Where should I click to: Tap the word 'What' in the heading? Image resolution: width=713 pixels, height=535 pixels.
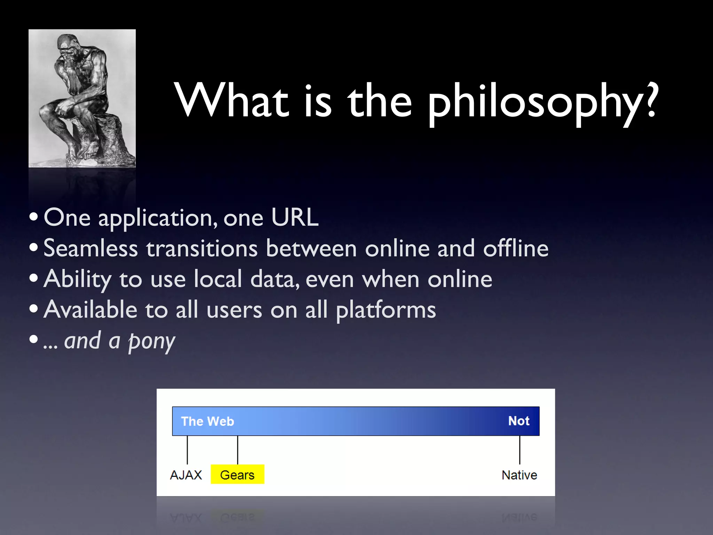[x=232, y=101]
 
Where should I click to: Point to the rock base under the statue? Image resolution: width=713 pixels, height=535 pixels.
[x=104, y=139]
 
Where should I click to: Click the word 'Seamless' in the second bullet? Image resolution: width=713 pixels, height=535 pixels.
[x=91, y=249]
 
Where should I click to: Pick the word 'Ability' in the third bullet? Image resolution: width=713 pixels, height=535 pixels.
[x=77, y=279]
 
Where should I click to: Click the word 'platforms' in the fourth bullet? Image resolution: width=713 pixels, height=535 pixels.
[x=386, y=310]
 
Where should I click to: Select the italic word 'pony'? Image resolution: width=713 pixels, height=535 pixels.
[x=152, y=341]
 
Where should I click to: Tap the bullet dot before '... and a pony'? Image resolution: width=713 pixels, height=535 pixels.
[x=34, y=339]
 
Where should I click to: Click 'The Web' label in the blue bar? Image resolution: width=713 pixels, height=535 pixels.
[x=207, y=421]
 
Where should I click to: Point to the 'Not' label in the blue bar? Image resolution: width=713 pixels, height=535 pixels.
[x=519, y=421]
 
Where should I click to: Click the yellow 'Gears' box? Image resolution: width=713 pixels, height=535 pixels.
[x=237, y=474]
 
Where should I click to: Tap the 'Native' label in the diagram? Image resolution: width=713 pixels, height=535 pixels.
[x=519, y=475]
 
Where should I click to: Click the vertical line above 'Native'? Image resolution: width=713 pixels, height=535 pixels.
[x=520, y=450]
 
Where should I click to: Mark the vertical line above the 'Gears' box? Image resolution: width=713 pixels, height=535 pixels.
[x=237, y=450]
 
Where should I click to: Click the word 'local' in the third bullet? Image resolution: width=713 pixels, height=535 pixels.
[x=218, y=279]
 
